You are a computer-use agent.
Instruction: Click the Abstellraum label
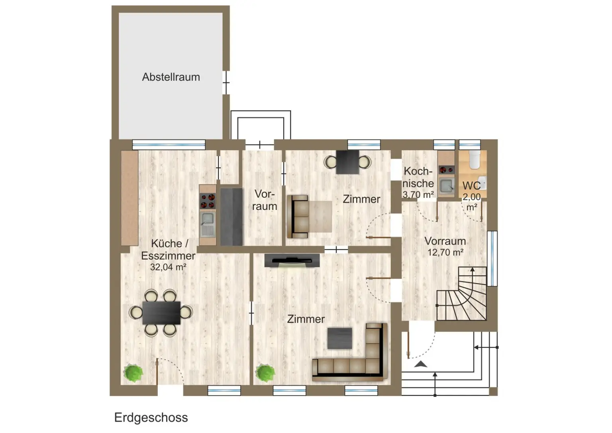click(x=171, y=77)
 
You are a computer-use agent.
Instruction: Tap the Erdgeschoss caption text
click(x=151, y=417)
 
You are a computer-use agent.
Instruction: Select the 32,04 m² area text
click(x=168, y=267)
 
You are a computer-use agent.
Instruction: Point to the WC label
click(x=471, y=186)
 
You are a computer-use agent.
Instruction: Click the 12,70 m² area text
click(x=445, y=252)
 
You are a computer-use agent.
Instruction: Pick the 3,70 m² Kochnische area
click(x=418, y=195)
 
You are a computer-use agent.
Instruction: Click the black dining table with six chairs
click(x=161, y=312)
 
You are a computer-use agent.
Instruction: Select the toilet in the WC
click(x=475, y=159)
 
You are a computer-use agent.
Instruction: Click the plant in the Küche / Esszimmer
click(x=133, y=373)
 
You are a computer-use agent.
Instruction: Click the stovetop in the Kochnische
click(x=446, y=170)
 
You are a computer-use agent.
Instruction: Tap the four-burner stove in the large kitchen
click(x=207, y=201)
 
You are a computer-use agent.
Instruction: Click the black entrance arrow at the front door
click(x=421, y=364)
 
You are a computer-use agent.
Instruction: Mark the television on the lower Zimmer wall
click(x=292, y=261)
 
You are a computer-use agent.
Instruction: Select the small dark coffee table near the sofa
click(x=339, y=338)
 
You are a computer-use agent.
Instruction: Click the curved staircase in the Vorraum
click(x=464, y=297)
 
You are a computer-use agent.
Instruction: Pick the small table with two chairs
click(x=347, y=162)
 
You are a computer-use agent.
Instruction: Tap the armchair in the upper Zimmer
click(x=298, y=217)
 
